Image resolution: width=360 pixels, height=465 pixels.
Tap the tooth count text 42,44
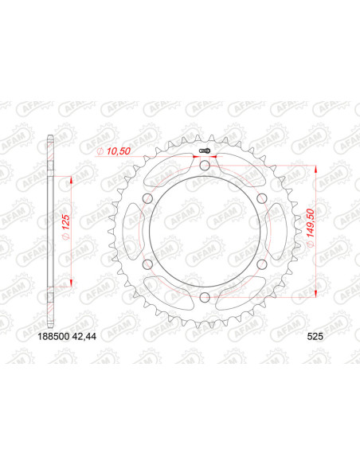click(x=106, y=338)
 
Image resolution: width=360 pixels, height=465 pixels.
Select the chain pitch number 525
click(x=315, y=338)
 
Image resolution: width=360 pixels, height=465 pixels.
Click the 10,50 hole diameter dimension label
click(x=115, y=150)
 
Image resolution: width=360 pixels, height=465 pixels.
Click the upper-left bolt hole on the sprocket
click(x=147, y=198)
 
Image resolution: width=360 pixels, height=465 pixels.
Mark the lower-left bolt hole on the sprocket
click(x=147, y=264)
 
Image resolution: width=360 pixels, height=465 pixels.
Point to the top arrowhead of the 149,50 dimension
click(x=317, y=170)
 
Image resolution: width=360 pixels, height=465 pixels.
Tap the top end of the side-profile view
click(x=52, y=143)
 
